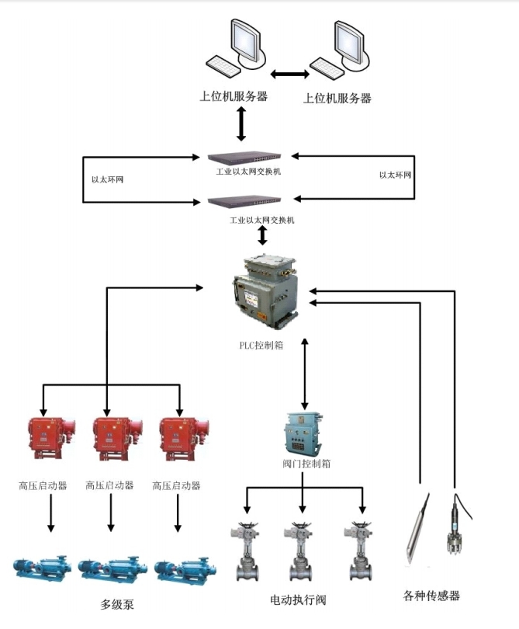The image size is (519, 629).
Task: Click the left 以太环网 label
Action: pos(107,179)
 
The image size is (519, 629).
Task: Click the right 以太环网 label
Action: pos(395,175)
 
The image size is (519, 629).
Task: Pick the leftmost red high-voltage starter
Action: pos(49,438)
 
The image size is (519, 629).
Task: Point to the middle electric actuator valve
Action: pos(302,552)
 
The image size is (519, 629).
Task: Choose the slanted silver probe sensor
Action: pos(418,528)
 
